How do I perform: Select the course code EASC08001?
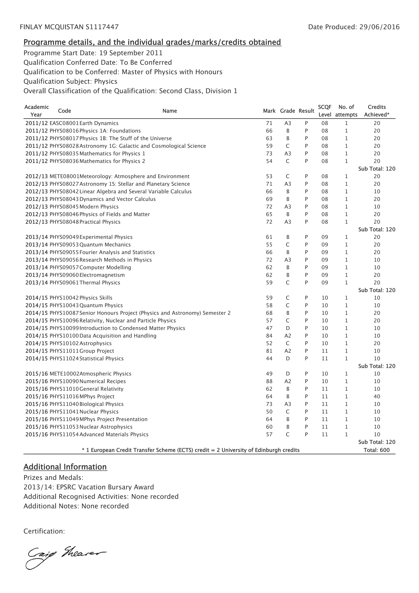pos(64,123)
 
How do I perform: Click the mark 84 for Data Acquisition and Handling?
pos(269,336)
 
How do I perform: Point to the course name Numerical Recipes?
pos(102,381)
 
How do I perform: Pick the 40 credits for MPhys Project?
pos(377,396)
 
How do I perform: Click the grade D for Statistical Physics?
pos(288,359)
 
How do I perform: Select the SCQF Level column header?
pos(324,111)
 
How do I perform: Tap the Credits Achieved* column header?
pos(377,111)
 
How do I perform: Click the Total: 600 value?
pos(376,450)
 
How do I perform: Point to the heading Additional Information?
pos(65,467)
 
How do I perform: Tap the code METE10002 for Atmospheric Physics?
pos(64,374)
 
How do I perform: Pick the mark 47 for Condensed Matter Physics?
pos(269,328)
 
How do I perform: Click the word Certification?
pos(44,531)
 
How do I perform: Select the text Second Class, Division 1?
pos(198,91)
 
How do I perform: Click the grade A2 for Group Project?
pos(288,351)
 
